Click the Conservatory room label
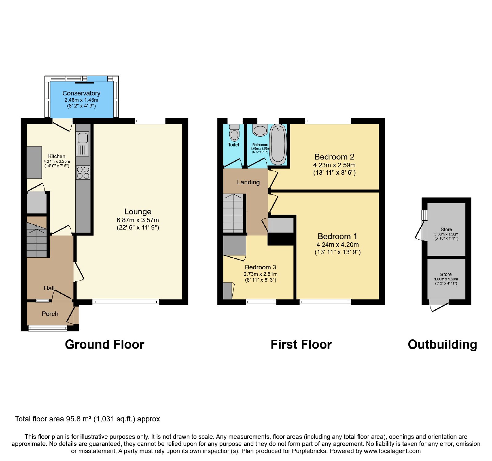coord(81,93)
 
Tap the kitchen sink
coord(82,144)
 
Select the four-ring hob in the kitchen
coord(83,173)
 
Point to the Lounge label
coord(138,212)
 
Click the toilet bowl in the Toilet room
coord(235,133)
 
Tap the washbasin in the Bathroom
coord(260,130)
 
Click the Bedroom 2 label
coord(334,157)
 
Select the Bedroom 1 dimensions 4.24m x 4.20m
coord(338,245)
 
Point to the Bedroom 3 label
coord(260,268)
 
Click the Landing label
coord(248,182)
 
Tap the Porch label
coord(50,314)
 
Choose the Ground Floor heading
coord(105,345)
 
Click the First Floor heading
coord(301,345)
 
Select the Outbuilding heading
coord(442,345)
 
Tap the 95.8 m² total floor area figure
coord(79,419)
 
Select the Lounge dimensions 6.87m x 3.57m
coord(138,220)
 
